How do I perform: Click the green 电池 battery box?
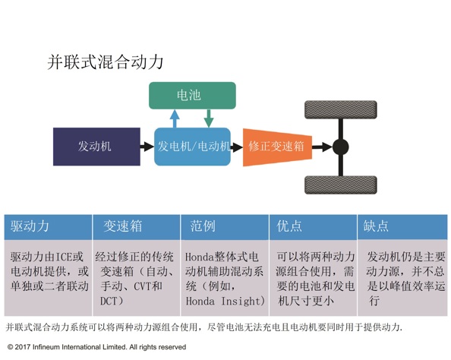point(192,95)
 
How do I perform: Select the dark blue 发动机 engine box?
point(96,147)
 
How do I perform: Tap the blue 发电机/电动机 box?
point(192,147)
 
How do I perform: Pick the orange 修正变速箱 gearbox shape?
point(278,147)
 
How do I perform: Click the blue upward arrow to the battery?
point(175,118)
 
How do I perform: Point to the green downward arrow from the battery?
point(209,118)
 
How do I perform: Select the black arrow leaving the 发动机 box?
point(147,147)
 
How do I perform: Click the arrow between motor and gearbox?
point(237,147)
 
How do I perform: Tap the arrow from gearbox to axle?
point(323,147)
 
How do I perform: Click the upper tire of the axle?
point(341,109)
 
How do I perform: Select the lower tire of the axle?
point(341,185)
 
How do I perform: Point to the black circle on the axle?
point(341,147)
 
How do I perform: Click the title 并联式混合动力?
point(106,62)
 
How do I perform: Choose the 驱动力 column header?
point(30,226)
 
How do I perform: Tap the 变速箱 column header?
point(123,226)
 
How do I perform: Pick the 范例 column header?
point(203,226)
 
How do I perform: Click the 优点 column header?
point(289,226)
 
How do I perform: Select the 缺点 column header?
point(376,226)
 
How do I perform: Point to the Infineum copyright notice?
point(96,347)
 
